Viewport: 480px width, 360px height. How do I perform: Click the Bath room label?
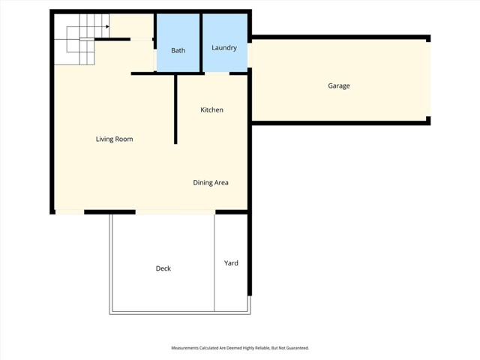[178, 51]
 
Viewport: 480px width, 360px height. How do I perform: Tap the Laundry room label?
[224, 48]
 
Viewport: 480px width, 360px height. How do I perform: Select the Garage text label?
[339, 86]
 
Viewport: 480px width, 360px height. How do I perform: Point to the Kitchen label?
[211, 110]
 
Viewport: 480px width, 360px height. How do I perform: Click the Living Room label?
[114, 139]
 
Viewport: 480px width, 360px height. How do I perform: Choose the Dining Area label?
[211, 182]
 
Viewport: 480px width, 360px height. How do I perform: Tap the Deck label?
[163, 268]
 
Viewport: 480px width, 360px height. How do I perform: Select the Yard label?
[231, 263]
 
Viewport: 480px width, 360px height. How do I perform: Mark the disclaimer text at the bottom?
[240, 348]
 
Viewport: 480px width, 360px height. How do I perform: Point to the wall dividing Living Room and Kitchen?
[175, 109]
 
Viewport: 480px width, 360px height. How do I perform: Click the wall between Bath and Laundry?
[201, 43]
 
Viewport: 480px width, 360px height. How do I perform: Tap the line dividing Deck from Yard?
[215, 262]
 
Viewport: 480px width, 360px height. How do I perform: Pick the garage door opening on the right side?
[430, 79]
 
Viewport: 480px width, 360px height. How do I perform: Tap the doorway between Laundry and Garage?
[250, 56]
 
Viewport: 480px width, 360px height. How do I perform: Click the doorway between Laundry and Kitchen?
[217, 73]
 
